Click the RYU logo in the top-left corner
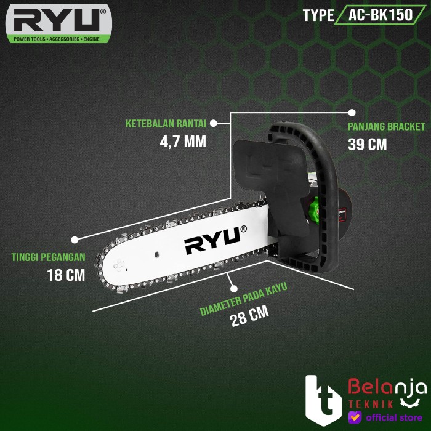coord(58,25)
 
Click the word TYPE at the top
coord(318,16)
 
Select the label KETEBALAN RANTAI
coord(166,123)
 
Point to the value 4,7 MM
coord(182,142)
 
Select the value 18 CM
coord(65,275)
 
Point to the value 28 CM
coord(249,320)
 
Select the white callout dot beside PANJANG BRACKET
coord(352,113)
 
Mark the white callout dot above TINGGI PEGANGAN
coord(75,239)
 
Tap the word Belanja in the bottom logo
coord(388,387)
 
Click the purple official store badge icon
coord(353,417)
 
